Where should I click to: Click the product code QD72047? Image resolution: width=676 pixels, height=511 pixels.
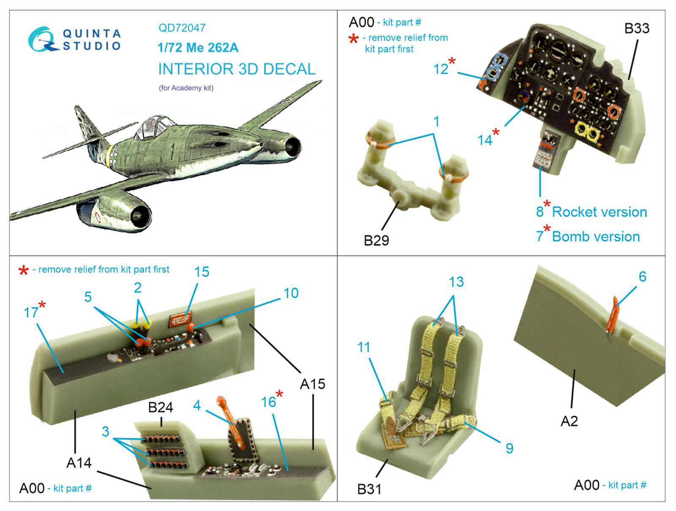click(x=182, y=28)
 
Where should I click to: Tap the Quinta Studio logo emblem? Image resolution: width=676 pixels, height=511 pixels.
click(x=43, y=40)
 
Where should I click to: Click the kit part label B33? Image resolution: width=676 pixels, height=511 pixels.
click(x=637, y=28)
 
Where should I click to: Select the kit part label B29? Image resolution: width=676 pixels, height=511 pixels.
click(x=376, y=240)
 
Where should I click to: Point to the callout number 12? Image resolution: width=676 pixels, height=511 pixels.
click(x=441, y=69)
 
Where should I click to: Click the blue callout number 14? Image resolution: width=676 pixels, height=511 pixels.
click(x=485, y=140)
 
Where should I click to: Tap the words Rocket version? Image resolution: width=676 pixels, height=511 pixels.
click(x=599, y=212)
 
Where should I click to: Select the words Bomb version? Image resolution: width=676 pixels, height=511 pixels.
click(x=596, y=236)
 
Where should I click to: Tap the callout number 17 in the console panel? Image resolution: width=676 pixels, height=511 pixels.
click(x=31, y=313)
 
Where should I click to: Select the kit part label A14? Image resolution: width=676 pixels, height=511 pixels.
click(x=79, y=463)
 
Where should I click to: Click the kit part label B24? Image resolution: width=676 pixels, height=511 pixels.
click(x=161, y=407)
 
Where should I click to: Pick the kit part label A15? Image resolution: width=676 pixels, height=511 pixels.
click(x=312, y=384)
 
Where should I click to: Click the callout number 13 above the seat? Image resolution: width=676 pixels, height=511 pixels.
click(x=456, y=282)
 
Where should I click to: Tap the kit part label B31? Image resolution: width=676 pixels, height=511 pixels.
click(x=369, y=489)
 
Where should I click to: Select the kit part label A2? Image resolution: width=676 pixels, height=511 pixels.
click(x=569, y=421)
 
